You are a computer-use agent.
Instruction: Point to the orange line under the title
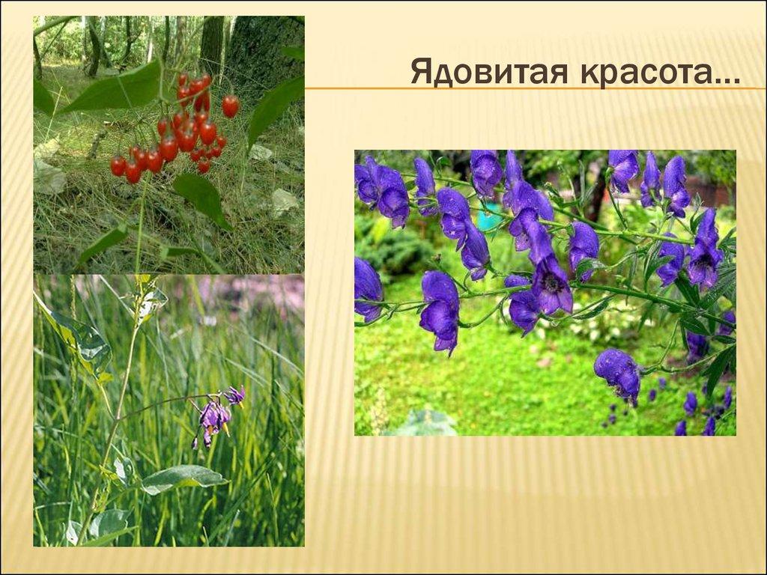tap(524, 88)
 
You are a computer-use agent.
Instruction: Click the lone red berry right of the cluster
tap(230, 106)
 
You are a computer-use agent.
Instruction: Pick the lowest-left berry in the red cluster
tap(118, 165)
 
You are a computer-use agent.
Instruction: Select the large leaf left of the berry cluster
tap(112, 90)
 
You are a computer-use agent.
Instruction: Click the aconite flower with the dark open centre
tap(552, 285)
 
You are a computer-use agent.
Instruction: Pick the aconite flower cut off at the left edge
tap(367, 287)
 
